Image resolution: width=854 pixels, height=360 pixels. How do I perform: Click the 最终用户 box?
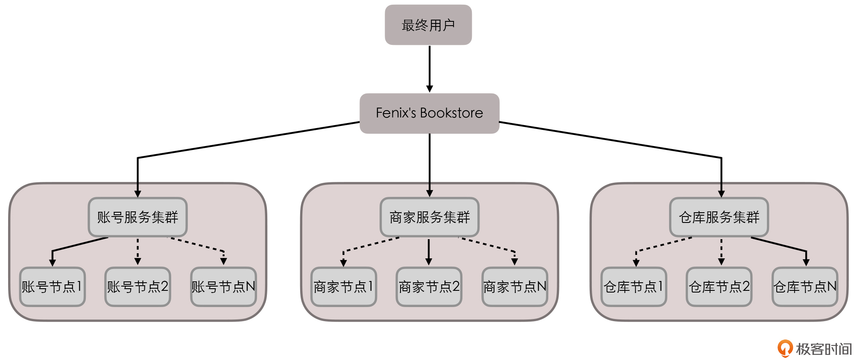[428, 25]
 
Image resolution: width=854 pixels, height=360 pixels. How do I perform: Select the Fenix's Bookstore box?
[429, 113]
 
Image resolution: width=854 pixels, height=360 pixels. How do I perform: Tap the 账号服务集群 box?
[137, 217]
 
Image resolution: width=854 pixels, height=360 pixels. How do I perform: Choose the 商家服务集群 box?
[429, 217]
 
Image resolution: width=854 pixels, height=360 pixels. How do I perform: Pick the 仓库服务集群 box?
[719, 217]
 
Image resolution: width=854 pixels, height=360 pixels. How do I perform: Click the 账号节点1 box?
[53, 287]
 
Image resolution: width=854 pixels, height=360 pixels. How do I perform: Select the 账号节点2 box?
[137, 287]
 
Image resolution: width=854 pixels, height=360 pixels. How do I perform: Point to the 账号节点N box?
[223, 287]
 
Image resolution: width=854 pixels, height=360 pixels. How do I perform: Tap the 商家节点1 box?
[344, 287]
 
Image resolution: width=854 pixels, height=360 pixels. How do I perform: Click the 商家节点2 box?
[429, 287]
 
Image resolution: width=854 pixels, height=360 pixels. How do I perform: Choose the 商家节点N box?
[515, 287]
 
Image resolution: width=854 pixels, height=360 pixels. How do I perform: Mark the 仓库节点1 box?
[634, 287]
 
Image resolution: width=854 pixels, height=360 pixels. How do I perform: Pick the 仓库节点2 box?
[719, 287]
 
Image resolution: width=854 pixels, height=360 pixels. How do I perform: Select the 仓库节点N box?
[805, 287]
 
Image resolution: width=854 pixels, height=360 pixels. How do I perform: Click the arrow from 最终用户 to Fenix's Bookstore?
[430, 68]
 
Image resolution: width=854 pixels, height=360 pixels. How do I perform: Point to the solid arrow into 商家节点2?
[429, 252]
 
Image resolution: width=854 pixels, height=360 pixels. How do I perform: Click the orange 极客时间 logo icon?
[785, 348]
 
